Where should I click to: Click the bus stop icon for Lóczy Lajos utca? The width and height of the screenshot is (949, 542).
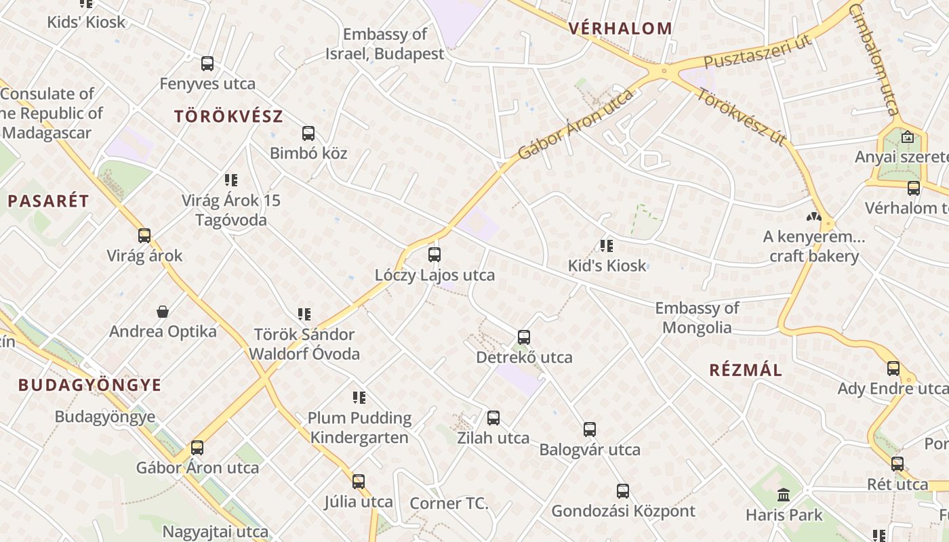coord(435,255)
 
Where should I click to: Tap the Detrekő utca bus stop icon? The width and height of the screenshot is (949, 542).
coord(524,337)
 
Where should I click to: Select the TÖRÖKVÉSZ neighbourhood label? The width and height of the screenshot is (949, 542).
coord(228,116)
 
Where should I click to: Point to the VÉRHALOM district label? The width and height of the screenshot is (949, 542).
coord(621,28)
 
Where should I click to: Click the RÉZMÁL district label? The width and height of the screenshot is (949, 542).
coord(746,370)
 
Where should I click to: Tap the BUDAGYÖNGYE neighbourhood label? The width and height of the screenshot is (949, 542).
coord(90,385)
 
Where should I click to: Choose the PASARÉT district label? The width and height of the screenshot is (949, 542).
coord(48,201)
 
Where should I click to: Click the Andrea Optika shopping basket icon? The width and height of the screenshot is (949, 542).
coord(163,312)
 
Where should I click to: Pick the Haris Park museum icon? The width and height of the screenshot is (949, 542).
coord(784,495)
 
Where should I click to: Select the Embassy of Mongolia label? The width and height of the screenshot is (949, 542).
coord(697,318)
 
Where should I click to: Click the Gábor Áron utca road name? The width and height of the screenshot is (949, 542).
coord(576,124)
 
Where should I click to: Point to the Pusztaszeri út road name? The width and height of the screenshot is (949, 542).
coord(757,52)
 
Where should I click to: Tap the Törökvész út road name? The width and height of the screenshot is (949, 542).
coord(741,117)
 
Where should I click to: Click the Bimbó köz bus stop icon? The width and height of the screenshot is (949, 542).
coord(308,133)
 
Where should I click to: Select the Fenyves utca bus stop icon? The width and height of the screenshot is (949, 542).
coord(207,64)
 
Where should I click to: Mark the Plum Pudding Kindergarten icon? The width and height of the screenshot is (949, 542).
coord(359,398)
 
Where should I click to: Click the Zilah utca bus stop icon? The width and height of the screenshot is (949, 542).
coord(493,418)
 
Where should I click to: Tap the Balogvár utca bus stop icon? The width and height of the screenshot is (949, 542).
coord(590,429)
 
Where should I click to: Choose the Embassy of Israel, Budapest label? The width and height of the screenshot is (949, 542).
coord(385,44)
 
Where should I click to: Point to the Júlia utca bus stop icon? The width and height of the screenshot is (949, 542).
coord(359,482)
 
